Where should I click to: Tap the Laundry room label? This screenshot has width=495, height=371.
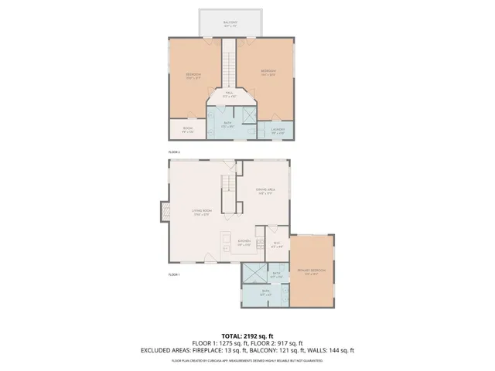[278, 131]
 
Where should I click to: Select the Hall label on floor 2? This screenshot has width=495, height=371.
[230, 94]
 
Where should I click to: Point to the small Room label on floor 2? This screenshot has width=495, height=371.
[187, 130]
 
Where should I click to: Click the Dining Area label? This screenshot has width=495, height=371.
[266, 193]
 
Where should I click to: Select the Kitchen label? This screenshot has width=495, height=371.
[244, 243]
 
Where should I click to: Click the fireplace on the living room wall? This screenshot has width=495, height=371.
[165, 211]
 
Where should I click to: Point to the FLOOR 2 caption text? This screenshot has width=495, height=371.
[174, 152]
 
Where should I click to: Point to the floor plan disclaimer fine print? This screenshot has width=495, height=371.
[247, 359]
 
